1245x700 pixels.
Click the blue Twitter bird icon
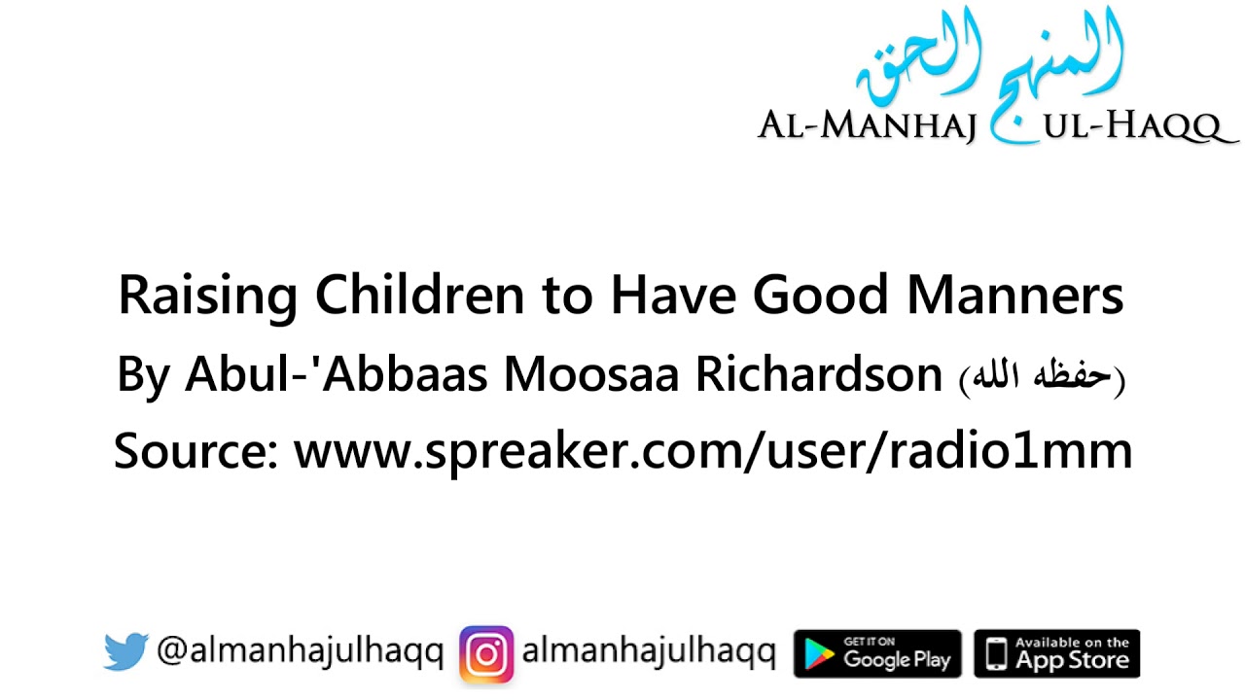point(125,652)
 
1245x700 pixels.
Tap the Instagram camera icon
point(486,653)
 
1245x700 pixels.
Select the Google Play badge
point(877,653)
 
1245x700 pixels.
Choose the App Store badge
point(1056,653)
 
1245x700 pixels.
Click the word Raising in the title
point(207,297)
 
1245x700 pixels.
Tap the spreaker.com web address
point(713,452)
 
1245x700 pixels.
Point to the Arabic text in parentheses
point(1041,377)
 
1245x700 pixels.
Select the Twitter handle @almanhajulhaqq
point(300,652)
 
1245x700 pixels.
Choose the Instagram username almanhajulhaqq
point(648,652)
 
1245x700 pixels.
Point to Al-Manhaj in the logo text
point(867,126)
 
